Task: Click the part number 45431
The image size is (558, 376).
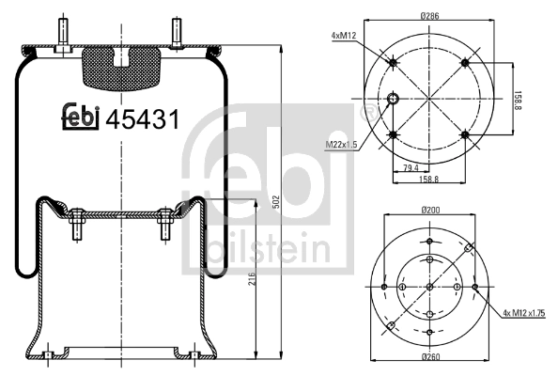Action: (143, 119)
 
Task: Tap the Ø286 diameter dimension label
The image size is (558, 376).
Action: (429, 16)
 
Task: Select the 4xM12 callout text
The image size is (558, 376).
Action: (344, 36)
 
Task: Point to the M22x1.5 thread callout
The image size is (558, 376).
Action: (341, 145)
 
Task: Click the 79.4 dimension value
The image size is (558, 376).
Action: (411, 167)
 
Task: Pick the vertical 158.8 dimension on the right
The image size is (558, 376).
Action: (519, 100)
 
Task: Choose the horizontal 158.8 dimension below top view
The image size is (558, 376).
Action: (429, 179)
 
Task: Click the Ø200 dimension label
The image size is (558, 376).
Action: (430, 210)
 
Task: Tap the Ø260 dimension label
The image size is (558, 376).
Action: (430, 356)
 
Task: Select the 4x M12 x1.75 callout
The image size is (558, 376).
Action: (524, 313)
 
